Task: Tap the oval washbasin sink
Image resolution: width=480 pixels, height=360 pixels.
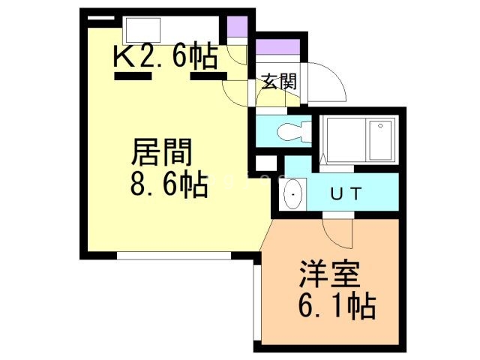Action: (x=293, y=194)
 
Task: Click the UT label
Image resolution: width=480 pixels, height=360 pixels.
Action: (x=346, y=193)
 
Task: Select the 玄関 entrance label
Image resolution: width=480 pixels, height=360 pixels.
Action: (x=280, y=82)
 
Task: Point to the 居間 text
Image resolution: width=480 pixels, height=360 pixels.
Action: (x=161, y=152)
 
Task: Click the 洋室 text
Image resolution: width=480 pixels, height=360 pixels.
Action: (x=329, y=274)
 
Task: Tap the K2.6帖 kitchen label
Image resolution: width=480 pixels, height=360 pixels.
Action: (x=166, y=57)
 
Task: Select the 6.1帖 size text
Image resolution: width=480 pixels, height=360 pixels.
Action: (x=337, y=306)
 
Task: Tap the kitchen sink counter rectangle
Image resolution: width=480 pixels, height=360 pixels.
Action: (x=143, y=30)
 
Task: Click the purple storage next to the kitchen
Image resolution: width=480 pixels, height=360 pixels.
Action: (x=237, y=27)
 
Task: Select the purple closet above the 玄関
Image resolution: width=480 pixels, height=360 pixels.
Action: (x=277, y=47)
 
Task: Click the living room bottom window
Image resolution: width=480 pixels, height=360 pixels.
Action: (x=174, y=256)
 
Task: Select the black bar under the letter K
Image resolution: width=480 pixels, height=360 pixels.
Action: (x=133, y=76)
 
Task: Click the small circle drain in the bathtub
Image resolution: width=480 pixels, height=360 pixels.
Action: (x=380, y=125)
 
